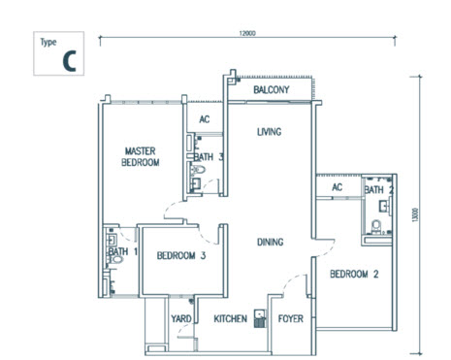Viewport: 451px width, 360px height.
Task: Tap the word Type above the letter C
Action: click(48, 43)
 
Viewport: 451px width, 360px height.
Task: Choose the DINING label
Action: click(271, 243)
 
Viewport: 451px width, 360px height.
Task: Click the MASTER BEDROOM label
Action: click(141, 156)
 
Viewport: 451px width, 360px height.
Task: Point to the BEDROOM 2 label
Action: click(352, 275)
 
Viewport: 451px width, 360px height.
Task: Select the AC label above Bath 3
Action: click(205, 119)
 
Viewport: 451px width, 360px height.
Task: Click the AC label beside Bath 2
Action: click(338, 187)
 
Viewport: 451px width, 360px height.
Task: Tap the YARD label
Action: click(180, 317)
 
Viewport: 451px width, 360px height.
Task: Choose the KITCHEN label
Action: click(231, 317)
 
